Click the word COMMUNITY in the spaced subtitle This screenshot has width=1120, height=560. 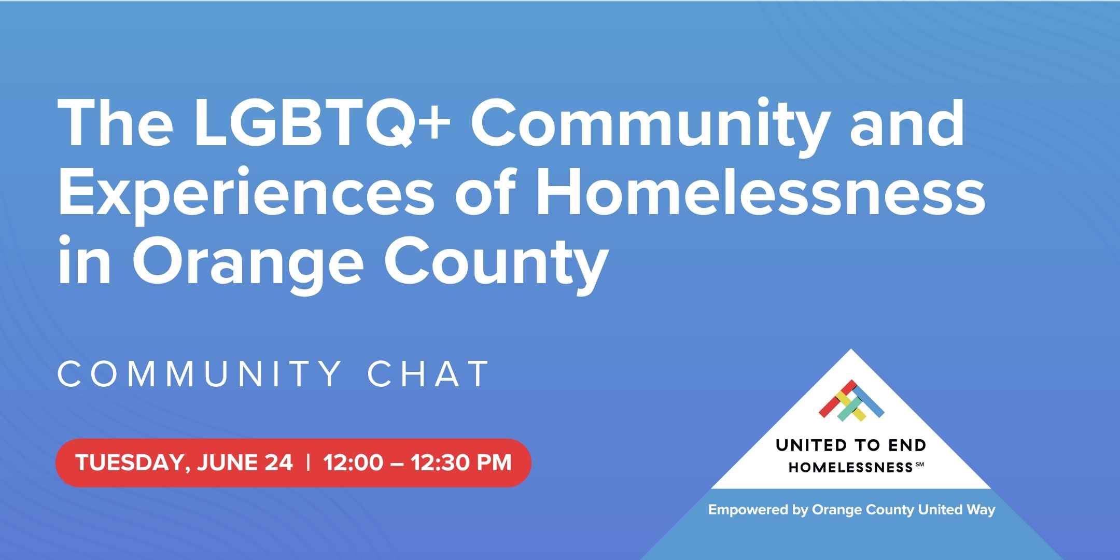tap(199, 373)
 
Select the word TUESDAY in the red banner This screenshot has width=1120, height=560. tap(132, 463)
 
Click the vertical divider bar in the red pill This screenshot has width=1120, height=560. tap(309, 463)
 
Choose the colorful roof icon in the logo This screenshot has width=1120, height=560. tap(851, 400)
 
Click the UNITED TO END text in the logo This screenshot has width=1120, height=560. tap(851, 445)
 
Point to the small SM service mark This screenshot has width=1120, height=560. tap(920, 464)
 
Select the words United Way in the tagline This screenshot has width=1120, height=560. tap(956, 510)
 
